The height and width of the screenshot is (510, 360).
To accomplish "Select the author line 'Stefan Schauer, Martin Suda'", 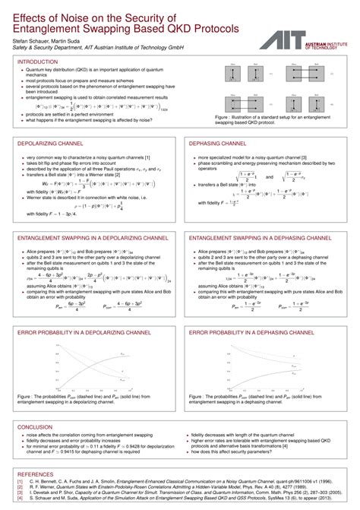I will (54, 39).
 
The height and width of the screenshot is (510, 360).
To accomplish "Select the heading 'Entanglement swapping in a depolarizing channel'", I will (91, 238).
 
